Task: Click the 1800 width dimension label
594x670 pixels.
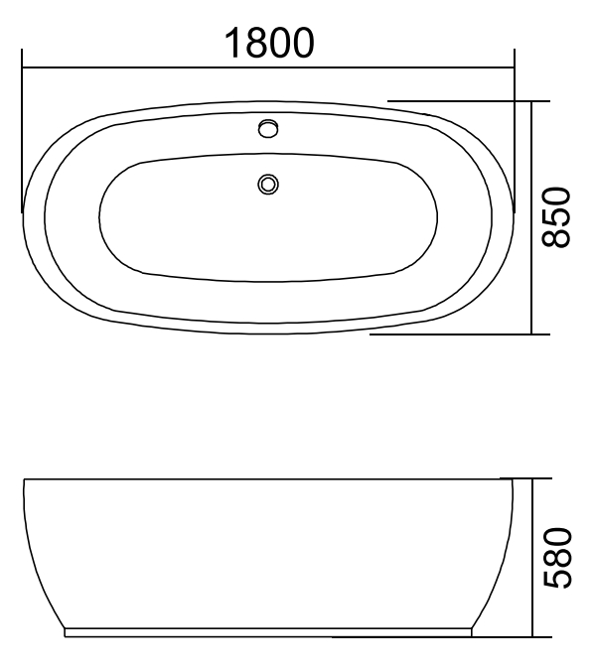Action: [269, 42]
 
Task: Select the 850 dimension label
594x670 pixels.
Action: [560, 216]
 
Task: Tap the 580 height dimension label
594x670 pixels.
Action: [560, 558]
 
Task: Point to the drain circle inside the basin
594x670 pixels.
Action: [267, 183]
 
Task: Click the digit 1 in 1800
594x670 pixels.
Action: [231, 42]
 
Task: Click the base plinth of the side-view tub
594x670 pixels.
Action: [267, 630]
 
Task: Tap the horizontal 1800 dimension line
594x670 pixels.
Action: [149, 67]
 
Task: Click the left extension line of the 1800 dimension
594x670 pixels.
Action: [22, 139]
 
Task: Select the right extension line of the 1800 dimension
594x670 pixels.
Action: [515, 139]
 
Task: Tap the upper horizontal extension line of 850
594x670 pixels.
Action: [467, 101]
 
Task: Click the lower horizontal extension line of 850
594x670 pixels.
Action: [457, 335]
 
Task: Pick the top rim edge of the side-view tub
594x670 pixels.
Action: [267, 479]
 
